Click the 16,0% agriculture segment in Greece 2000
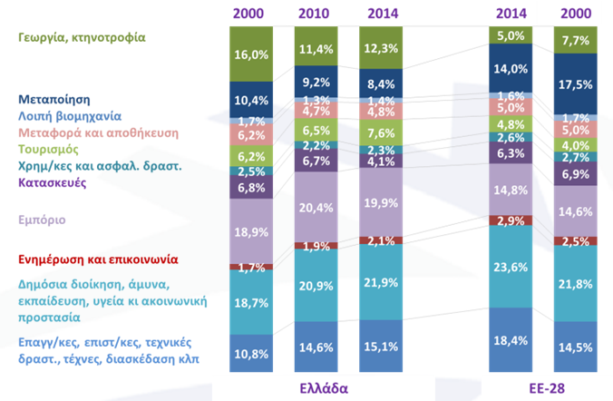pyautogui.click(x=251, y=54)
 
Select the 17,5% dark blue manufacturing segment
pyautogui.click(x=576, y=84)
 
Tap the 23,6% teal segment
pyautogui.click(x=511, y=267)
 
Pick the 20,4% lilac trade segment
pyautogui.click(x=316, y=207)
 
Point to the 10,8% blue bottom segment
pyautogui.click(x=251, y=353)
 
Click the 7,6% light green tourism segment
pyautogui.click(x=381, y=132)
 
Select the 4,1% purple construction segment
pyautogui.click(x=381, y=161)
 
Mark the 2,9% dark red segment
pyautogui.click(x=511, y=220)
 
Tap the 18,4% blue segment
pyautogui.click(x=511, y=340)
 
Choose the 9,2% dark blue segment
pyautogui.click(x=316, y=82)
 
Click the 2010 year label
pyautogui.click(x=314, y=14)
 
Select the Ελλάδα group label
pyautogui.click(x=324, y=388)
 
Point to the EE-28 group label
pyautogui.click(x=547, y=388)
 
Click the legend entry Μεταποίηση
pyautogui.click(x=54, y=100)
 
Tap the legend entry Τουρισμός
pyautogui.click(x=48, y=150)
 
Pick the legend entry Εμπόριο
pyautogui.click(x=42, y=220)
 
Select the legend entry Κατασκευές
pyautogui.click(x=52, y=182)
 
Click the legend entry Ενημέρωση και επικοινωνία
pyautogui.click(x=98, y=259)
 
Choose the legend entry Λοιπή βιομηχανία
pyautogui.click(x=70, y=116)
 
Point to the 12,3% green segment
pyautogui.click(x=381, y=48)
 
